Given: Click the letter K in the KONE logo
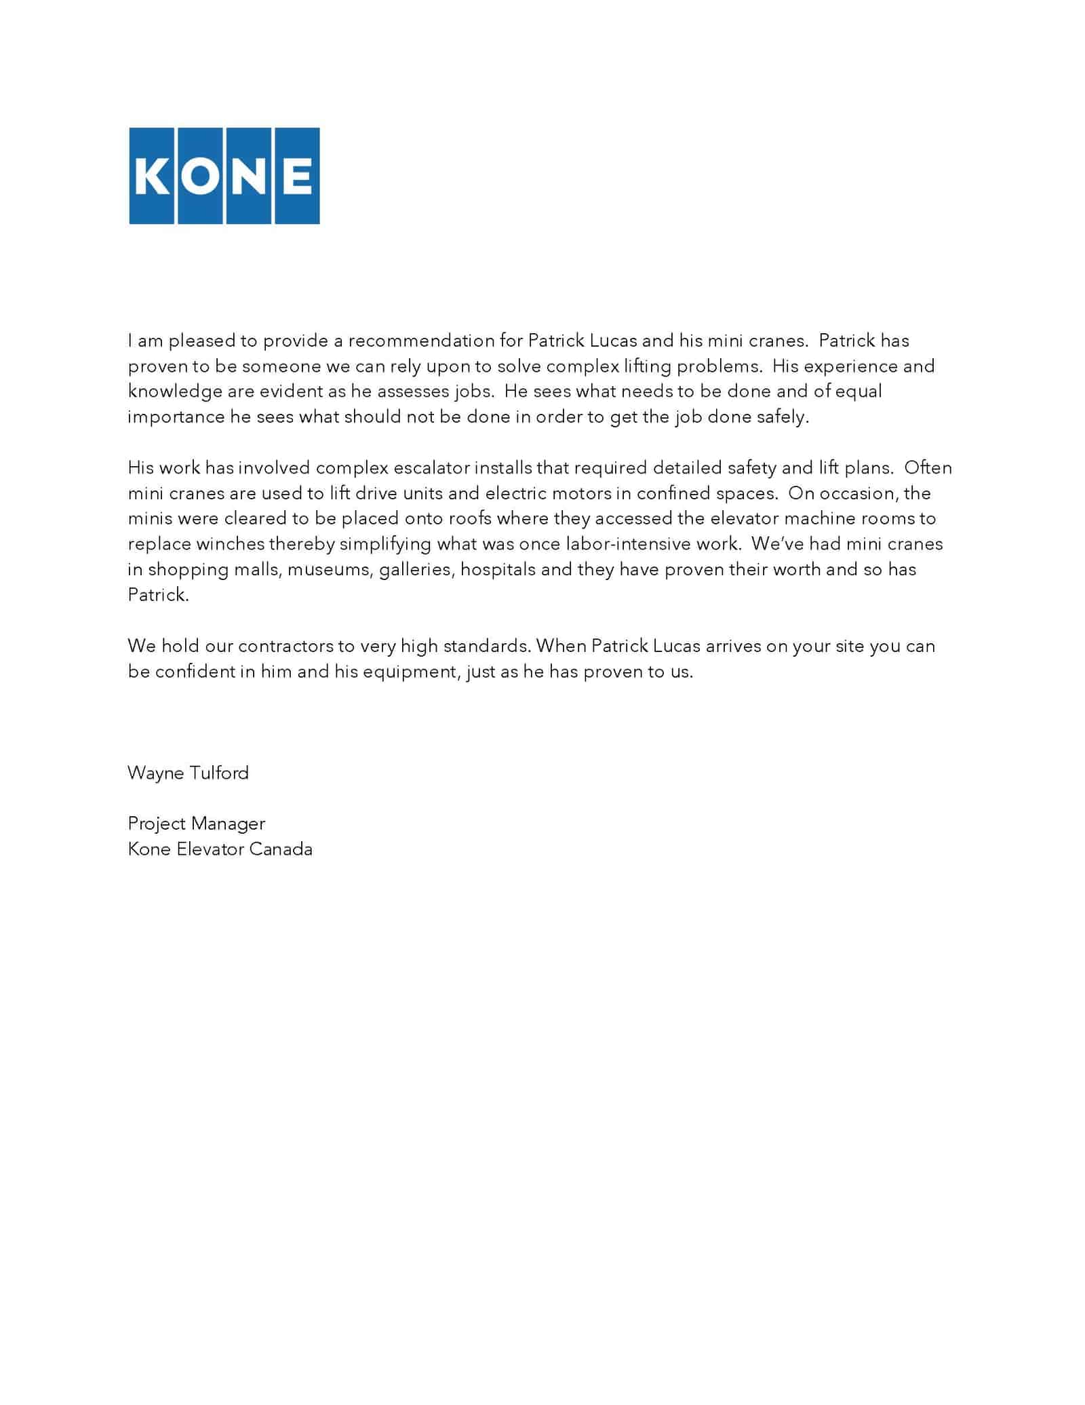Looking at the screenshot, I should (x=152, y=176).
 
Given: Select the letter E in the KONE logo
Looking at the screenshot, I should (x=296, y=176).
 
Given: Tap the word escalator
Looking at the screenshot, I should (x=431, y=468).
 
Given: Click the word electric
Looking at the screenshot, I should (x=515, y=493).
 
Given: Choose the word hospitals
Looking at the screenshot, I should (x=498, y=570).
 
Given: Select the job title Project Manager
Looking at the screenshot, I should (x=196, y=824).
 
